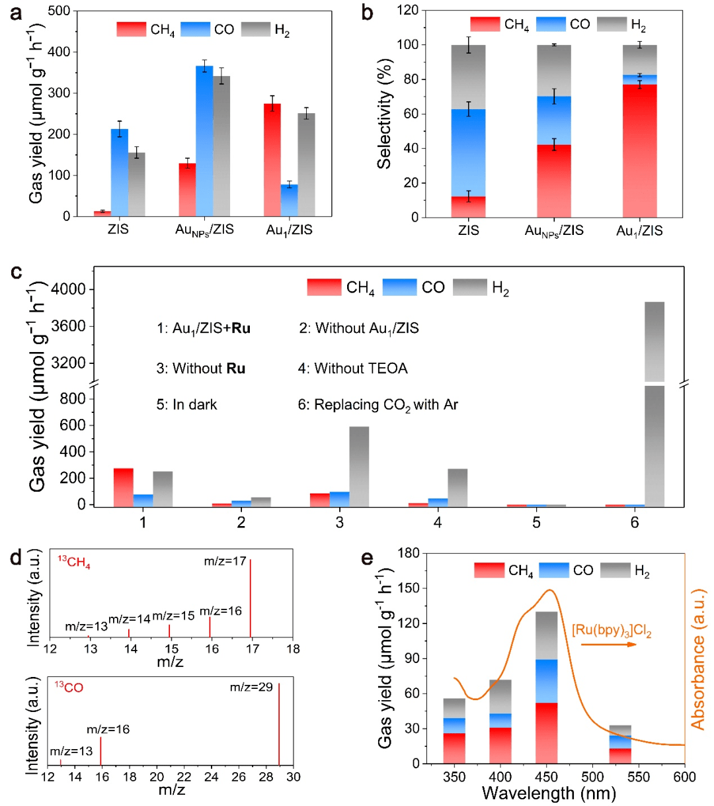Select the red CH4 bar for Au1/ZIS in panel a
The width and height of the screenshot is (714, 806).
click(x=272, y=159)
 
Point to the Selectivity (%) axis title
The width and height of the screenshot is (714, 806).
click(x=385, y=113)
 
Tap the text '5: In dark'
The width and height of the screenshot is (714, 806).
click(x=186, y=404)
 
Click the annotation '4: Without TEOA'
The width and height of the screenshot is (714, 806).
click(x=352, y=368)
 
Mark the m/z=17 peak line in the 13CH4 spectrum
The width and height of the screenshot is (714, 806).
click(x=251, y=598)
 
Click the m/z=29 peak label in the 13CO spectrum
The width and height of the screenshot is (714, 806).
click(x=251, y=688)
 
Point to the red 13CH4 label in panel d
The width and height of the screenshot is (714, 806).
click(x=74, y=564)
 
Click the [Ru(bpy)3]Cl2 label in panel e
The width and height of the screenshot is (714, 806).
click(x=612, y=631)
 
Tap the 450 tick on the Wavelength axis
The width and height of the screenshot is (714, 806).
click(x=547, y=776)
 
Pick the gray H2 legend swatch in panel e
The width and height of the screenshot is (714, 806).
click(x=615, y=570)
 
